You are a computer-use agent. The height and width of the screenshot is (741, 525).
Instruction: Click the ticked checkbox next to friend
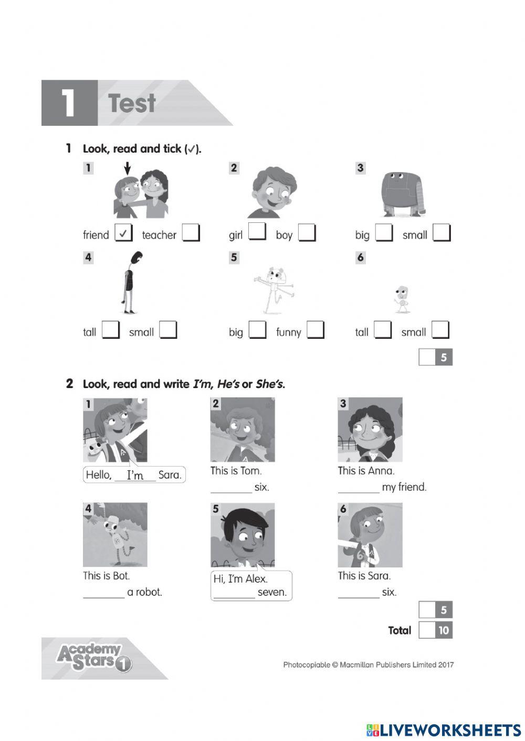123,233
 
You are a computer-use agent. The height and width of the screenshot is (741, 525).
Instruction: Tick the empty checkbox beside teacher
191,233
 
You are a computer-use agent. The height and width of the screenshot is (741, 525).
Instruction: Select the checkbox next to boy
307,233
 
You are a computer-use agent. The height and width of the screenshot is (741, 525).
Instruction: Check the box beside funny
316,330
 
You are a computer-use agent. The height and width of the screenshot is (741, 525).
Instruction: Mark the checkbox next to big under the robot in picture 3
384,233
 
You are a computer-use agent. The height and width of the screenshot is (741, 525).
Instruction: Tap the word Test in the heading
132,103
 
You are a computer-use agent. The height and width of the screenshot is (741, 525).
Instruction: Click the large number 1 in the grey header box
69,103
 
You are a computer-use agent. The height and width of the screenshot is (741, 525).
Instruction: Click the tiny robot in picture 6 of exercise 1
402,299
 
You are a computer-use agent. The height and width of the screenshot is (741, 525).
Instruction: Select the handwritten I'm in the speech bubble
135,475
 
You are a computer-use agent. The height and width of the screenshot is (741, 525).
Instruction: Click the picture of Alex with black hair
243,535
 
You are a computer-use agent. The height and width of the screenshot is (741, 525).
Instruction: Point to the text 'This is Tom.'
236,471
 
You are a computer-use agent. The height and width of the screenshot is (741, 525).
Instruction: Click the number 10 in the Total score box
444,630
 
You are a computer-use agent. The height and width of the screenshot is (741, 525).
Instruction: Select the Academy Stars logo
93,658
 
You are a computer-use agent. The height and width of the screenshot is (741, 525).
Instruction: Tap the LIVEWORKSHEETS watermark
444,730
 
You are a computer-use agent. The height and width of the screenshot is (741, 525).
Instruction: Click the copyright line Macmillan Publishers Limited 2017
368,665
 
